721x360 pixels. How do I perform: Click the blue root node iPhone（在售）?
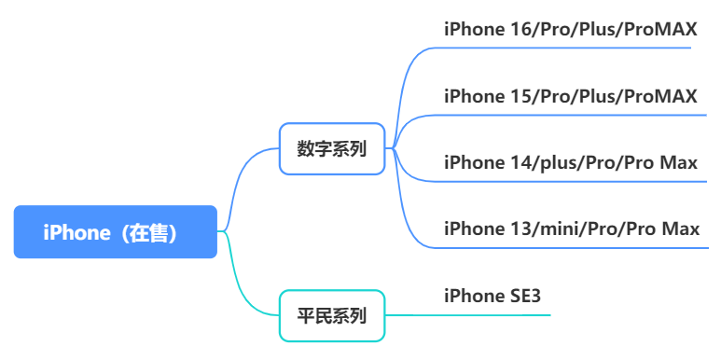point(116,232)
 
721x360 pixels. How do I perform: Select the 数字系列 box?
point(332,148)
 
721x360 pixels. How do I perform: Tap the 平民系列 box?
point(332,315)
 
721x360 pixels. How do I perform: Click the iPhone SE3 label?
point(492,296)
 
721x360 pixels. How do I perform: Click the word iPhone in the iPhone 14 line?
point(474,162)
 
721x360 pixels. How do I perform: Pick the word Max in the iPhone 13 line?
point(681,228)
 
